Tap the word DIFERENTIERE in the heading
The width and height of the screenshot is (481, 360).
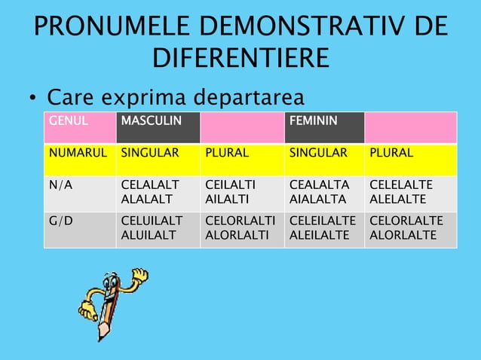tap(240, 58)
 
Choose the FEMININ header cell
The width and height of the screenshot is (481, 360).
tap(312, 120)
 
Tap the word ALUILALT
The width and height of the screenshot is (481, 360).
tap(152, 234)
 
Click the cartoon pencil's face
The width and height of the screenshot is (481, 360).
tap(112, 294)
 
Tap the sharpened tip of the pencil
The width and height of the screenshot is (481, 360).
tap(100, 337)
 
